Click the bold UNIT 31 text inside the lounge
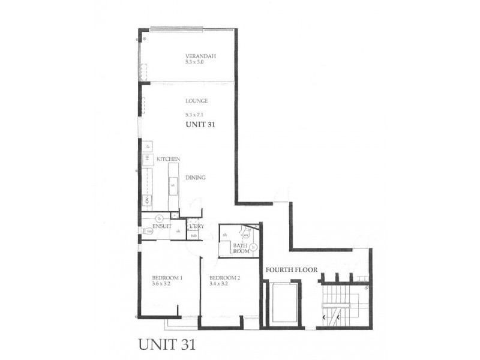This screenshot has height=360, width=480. click(x=200, y=125)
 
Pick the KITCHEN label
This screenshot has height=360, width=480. click(x=169, y=160)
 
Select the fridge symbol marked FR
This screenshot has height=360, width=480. click(x=146, y=158)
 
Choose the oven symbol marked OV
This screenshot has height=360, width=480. click(x=146, y=200)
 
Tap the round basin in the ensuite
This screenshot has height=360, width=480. click(x=159, y=218)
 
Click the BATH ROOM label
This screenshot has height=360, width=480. click(x=241, y=247)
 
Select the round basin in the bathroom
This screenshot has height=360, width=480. click(x=254, y=247)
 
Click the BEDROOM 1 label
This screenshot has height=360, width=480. click(x=167, y=278)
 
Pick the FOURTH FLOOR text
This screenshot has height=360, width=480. click(x=292, y=270)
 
